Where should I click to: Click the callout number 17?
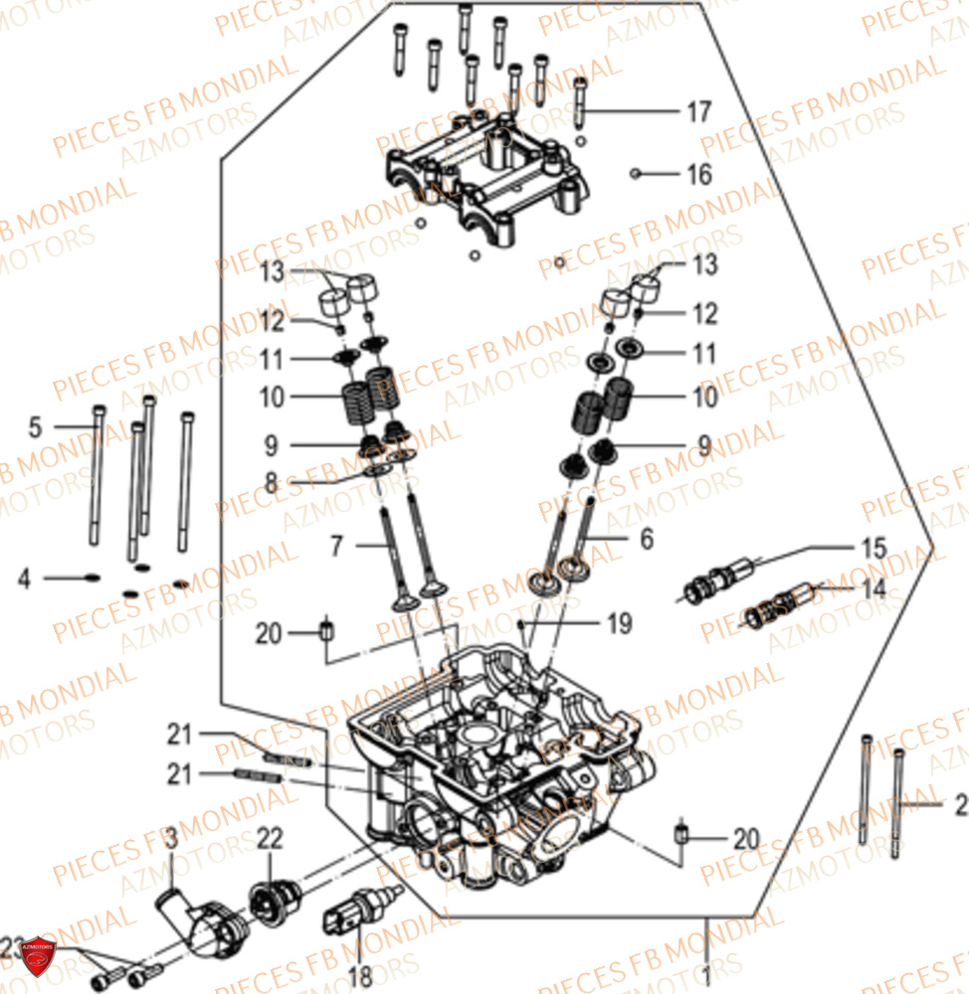click(698, 111)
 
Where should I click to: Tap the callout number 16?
click(698, 175)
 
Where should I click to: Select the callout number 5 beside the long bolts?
click(36, 428)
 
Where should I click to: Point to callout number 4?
click(23, 578)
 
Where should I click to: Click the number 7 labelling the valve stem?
click(336, 545)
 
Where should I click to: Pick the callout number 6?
click(647, 539)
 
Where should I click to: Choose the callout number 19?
click(619, 623)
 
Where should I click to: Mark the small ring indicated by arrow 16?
click(634, 175)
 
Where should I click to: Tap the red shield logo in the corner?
click(38, 955)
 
